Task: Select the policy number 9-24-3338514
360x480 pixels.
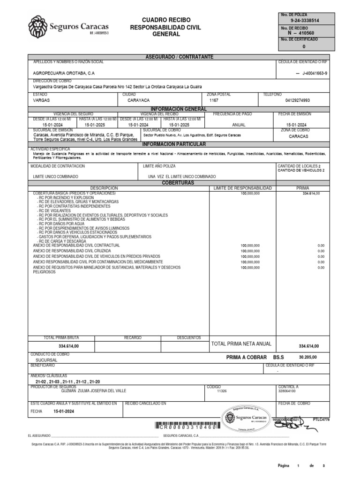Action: click(305, 21)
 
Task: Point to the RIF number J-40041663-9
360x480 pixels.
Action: click(312, 74)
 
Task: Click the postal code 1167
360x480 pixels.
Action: click(214, 100)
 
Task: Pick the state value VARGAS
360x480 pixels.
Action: click(42, 100)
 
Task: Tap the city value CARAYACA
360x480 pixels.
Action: click(139, 100)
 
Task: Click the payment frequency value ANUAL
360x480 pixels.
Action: click(239, 125)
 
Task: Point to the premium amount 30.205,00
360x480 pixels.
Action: click(308, 357)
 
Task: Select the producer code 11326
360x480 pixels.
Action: click(222, 390)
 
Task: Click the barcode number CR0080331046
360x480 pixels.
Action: click(187, 427)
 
